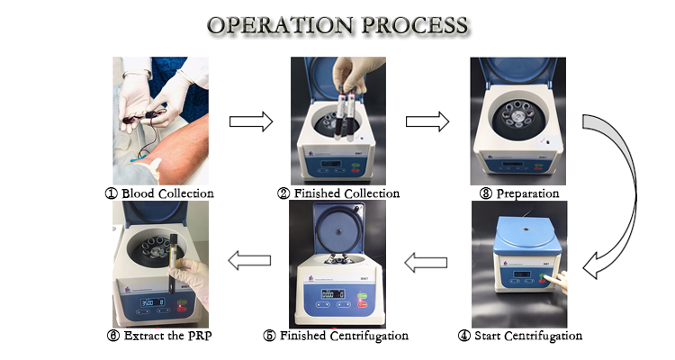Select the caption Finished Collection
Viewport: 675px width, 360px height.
[x=345, y=193]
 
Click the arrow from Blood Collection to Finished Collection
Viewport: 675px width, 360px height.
[x=251, y=122]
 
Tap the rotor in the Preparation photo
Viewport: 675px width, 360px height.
[x=517, y=117]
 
